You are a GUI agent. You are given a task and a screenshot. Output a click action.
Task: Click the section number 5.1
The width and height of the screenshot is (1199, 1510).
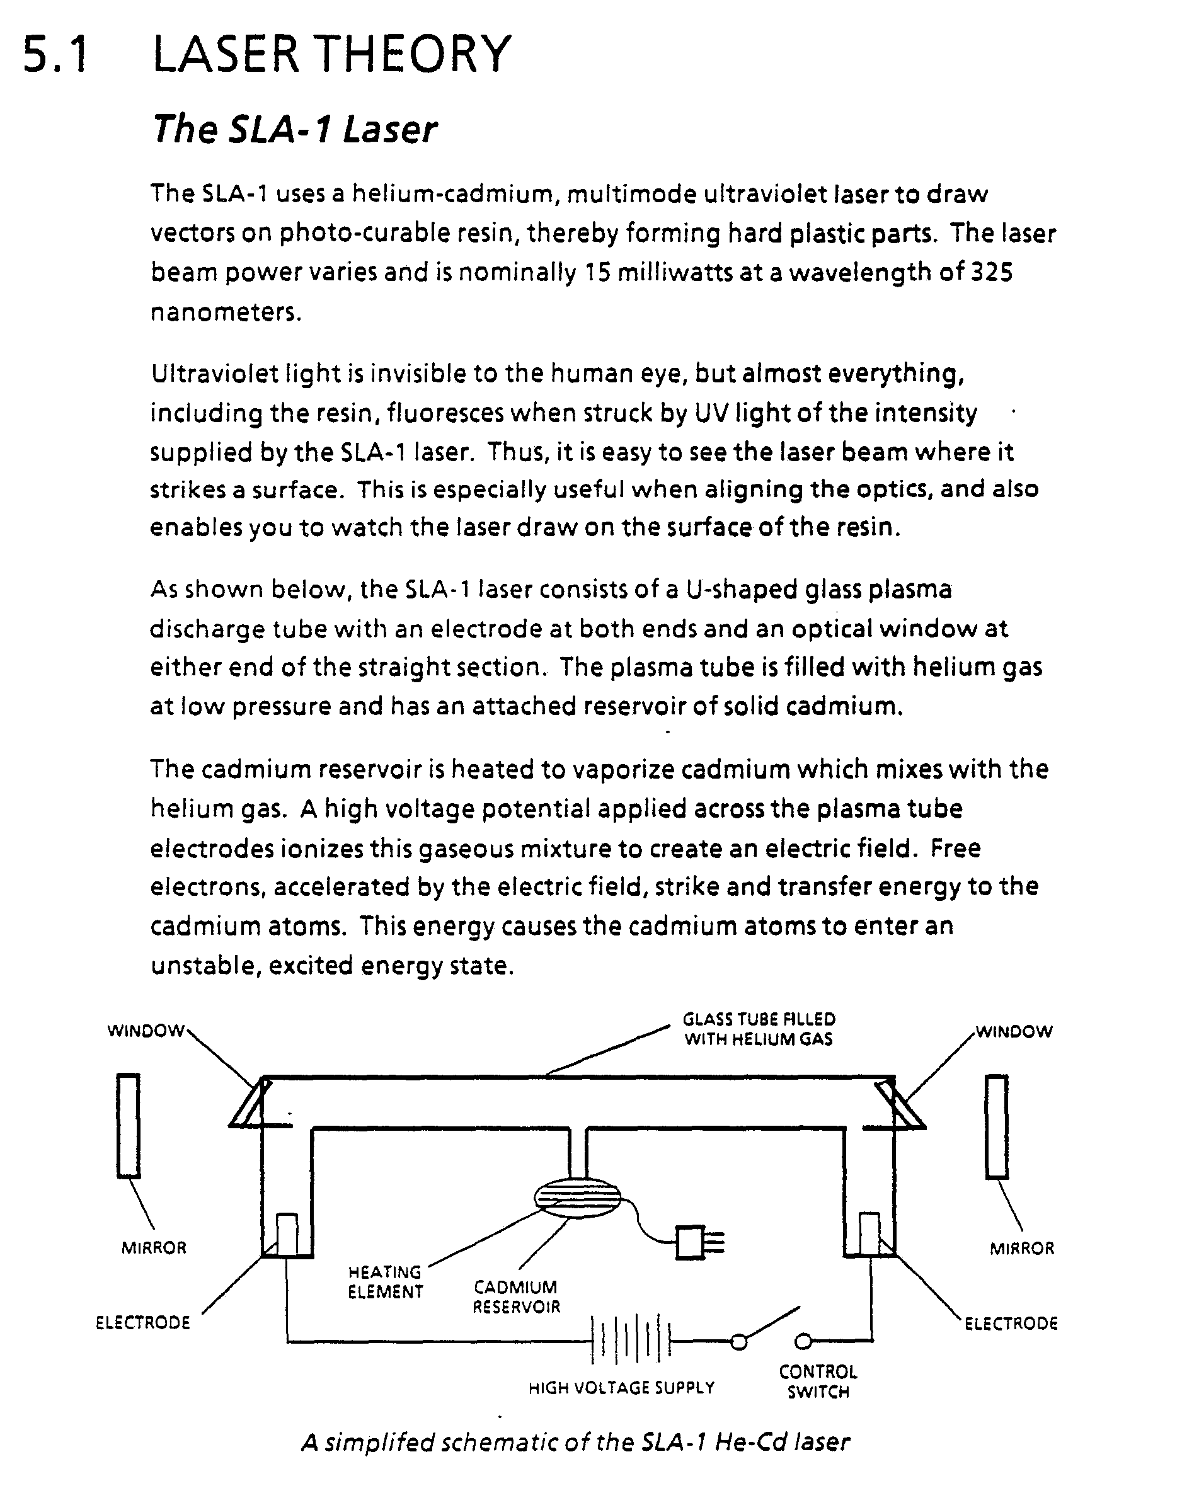coord(55,55)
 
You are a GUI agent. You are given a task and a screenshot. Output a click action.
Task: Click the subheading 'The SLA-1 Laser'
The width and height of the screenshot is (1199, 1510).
coord(294,130)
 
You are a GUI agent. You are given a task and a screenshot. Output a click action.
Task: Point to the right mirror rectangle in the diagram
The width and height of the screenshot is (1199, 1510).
coord(997,1126)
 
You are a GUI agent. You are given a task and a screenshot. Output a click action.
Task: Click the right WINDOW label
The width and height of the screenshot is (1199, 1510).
coord(1014,1032)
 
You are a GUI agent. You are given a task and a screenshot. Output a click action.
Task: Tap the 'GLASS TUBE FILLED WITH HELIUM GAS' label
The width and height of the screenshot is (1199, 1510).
coord(759,1029)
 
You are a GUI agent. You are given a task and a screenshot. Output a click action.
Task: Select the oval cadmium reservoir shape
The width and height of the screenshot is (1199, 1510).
coord(577,1198)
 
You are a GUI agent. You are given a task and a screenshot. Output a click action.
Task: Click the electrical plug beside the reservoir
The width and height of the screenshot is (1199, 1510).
coord(697,1242)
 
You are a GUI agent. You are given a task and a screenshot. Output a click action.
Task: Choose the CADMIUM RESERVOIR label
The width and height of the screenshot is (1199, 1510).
coord(516,1297)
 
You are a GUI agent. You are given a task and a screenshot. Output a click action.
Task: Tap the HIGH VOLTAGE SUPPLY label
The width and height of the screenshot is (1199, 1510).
coord(621,1387)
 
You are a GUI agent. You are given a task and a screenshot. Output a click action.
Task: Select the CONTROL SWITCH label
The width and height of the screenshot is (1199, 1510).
coord(818,1381)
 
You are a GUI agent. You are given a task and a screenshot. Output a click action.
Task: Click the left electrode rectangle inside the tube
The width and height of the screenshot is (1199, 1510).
coord(287,1234)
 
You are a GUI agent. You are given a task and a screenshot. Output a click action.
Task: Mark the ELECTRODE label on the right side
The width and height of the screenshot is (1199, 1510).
coord(1011,1324)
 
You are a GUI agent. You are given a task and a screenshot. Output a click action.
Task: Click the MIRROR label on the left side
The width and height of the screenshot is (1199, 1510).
coord(154,1248)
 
